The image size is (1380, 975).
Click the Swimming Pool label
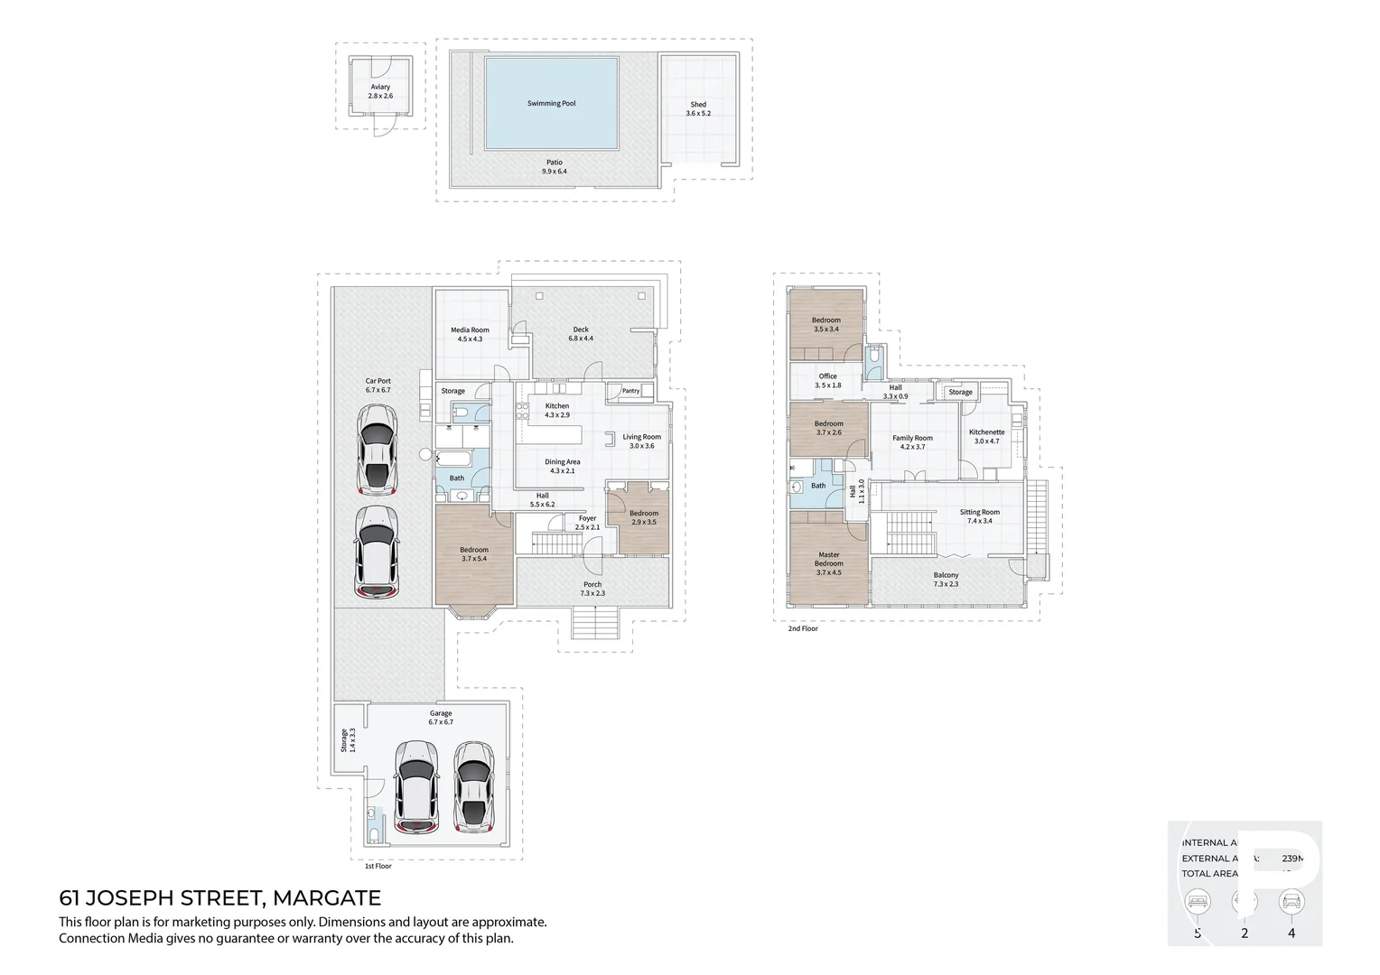(551, 104)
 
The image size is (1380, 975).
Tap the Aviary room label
(380, 91)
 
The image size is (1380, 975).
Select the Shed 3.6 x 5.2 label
(698, 108)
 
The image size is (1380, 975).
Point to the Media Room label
(470, 334)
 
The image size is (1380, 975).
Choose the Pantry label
(630, 391)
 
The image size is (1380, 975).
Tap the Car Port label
(378, 385)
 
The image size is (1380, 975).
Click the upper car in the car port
(377, 450)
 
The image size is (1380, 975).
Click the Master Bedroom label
(828, 559)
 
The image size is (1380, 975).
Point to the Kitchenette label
(986, 437)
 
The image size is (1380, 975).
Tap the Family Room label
(912, 442)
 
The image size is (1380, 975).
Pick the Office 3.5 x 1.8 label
(828, 381)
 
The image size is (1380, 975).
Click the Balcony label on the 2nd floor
(946, 580)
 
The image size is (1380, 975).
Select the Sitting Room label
(979, 516)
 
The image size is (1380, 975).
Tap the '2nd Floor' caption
(802, 628)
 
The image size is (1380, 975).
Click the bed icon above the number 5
(1198, 901)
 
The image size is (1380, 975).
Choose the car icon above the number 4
(1291, 901)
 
